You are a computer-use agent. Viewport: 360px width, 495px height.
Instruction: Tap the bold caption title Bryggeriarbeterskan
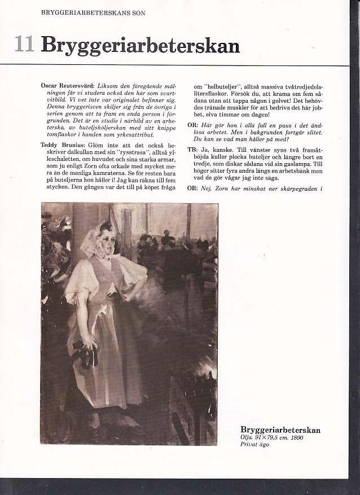point(280,430)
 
